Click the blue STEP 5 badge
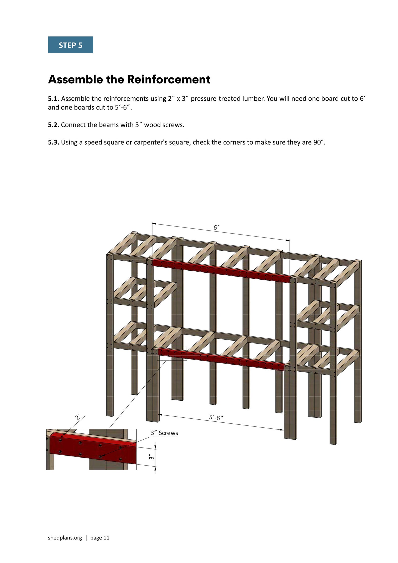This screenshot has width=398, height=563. pos(70,45)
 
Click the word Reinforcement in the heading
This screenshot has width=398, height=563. pos(169,79)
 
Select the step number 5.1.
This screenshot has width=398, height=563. pos(53,99)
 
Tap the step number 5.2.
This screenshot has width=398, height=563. pos(53,125)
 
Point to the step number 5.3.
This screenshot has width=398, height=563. pos(53,142)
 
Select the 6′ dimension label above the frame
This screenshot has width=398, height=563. pos(216,228)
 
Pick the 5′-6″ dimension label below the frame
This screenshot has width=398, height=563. pos(216,417)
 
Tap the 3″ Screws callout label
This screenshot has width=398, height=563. pos(164,433)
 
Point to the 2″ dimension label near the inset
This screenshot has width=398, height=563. pos(78,416)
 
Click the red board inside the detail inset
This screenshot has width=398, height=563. pos(93,448)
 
